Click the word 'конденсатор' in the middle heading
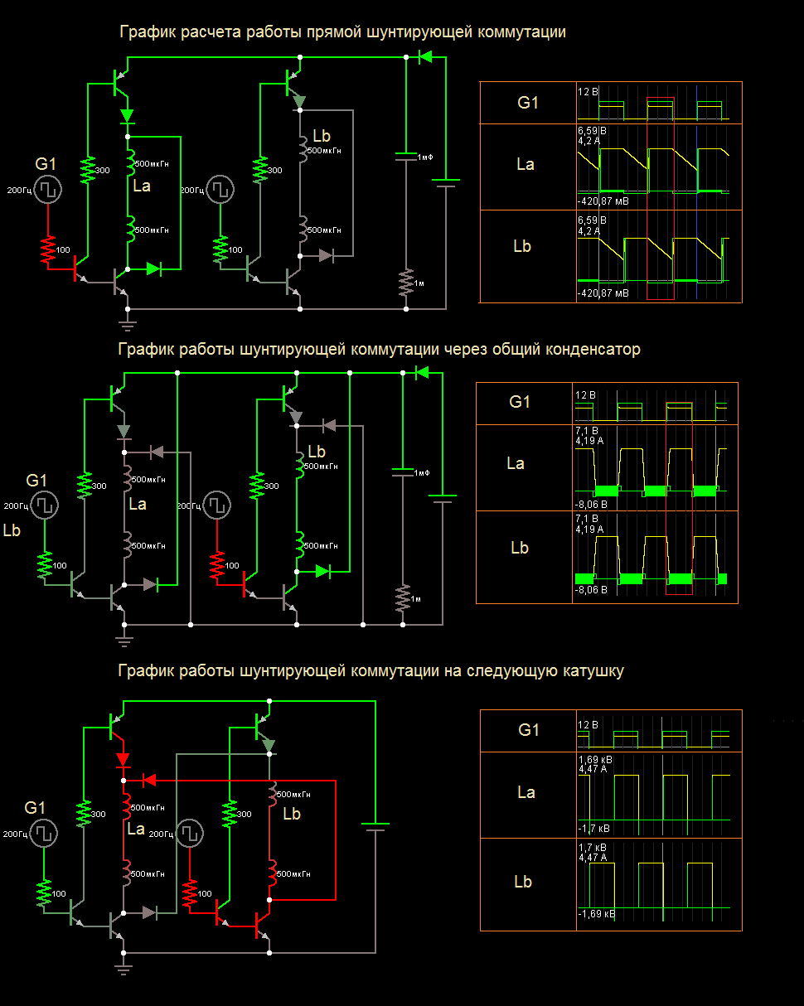[590, 350]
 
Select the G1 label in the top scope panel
[528, 103]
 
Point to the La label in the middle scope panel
[516, 463]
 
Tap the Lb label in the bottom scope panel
[523, 882]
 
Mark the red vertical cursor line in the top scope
[647, 191]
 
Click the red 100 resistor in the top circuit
[47, 249]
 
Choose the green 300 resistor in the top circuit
[87, 170]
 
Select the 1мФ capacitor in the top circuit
[405, 156]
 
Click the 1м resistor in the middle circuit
[402, 597]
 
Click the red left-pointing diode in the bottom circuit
[148, 779]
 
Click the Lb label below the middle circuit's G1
[12, 530]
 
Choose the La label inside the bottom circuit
[137, 829]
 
